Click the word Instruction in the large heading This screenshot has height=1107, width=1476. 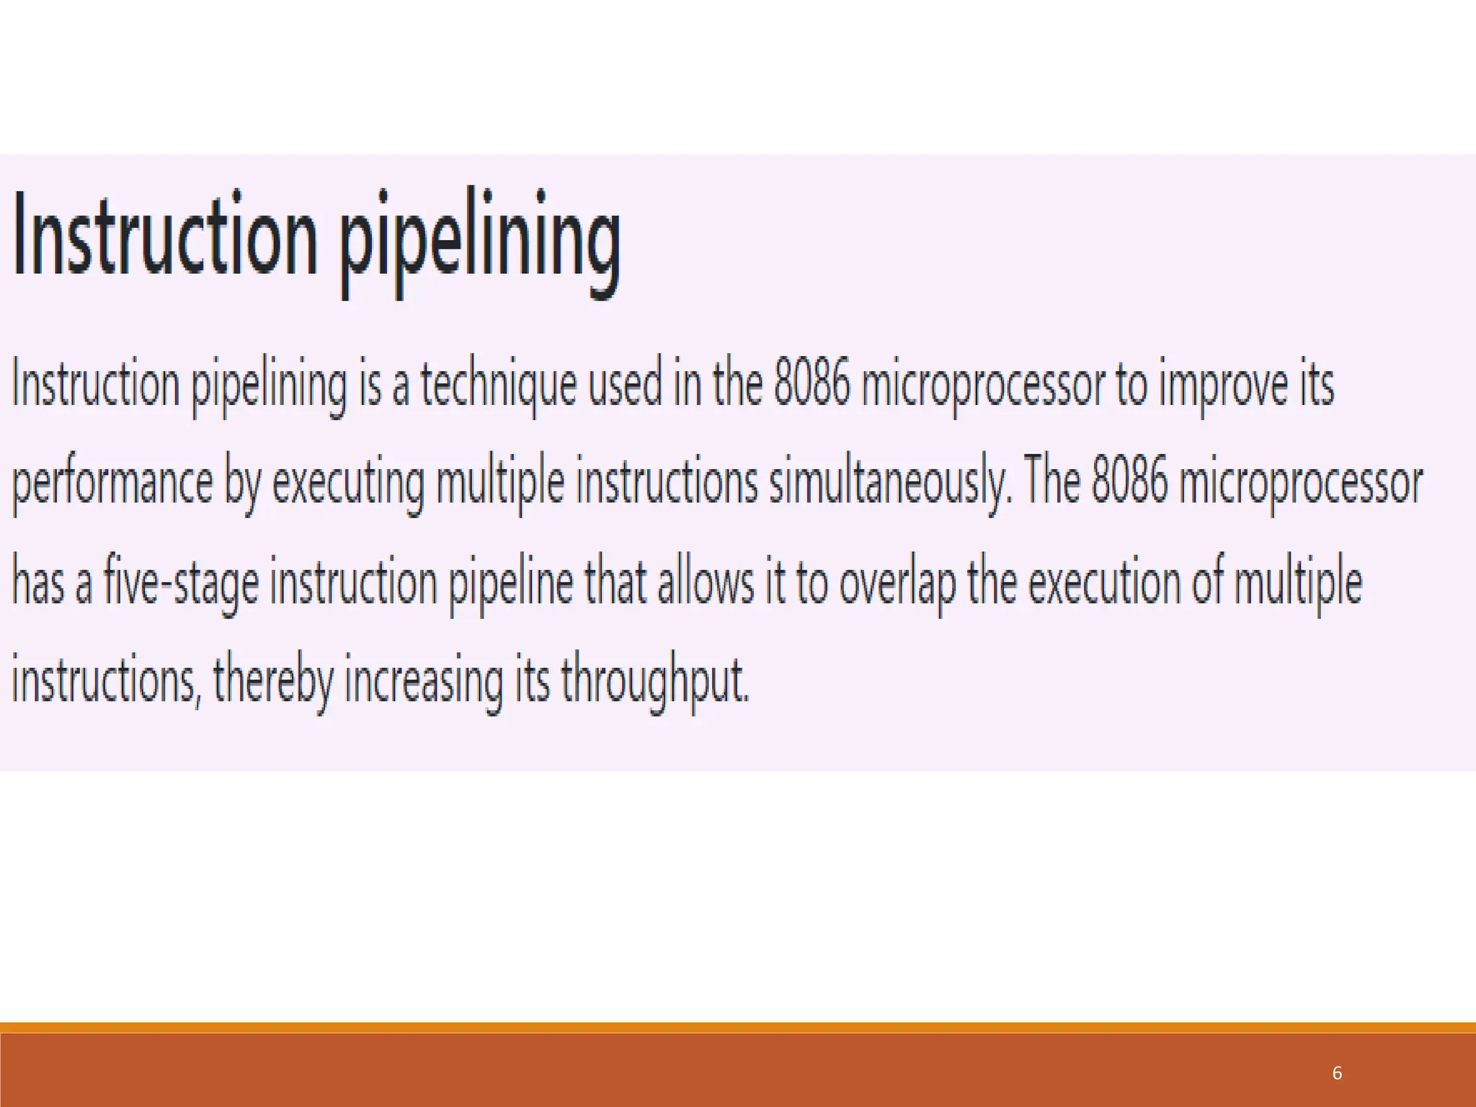pyautogui.click(x=165, y=234)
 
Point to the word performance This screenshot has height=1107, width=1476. pyautogui.click(x=112, y=483)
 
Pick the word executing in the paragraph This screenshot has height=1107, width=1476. pyautogui.click(x=348, y=483)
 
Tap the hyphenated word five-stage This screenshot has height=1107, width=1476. pyautogui.click(x=181, y=582)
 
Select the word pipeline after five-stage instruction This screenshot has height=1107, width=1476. pyautogui.click(x=512, y=582)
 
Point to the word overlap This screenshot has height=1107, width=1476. pyautogui.click(x=897, y=582)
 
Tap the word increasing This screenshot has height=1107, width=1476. pyautogui.click(x=423, y=681)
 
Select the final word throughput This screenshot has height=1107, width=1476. pyautogui.click(x=655, y=681)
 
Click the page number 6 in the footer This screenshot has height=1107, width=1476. pyautogui.click(x=1337, y=1073)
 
